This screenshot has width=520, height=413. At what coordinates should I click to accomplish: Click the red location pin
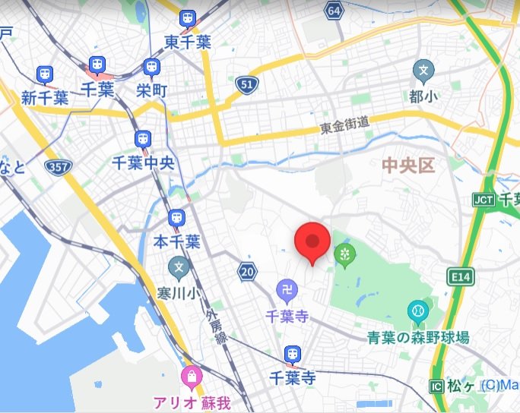click(x=312, y=242)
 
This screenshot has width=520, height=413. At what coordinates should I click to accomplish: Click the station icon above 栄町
click(x=151, y=68)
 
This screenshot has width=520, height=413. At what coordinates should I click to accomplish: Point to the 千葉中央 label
click(x=143, y=162)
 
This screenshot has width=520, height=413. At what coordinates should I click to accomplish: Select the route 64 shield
click(x=333, y=11)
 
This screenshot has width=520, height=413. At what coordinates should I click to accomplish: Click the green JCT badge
click(x=483, y=199)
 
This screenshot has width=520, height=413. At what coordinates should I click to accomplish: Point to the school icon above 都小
click(x=423, y=73)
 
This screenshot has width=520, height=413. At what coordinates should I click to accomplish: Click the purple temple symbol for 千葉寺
click(x=286, y=290)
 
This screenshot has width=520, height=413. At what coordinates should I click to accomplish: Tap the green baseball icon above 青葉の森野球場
click(x=417, y=311)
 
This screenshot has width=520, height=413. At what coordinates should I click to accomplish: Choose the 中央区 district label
click(x=408, y=166)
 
